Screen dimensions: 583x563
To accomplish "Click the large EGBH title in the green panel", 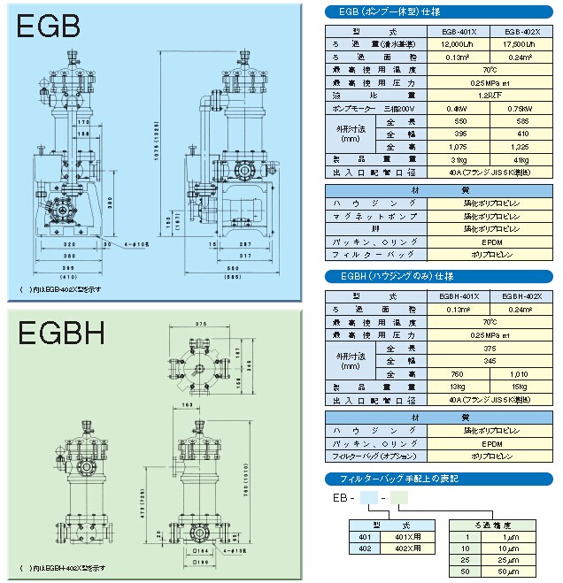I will coord(61,334).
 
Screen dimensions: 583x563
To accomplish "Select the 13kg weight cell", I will coord(454,387).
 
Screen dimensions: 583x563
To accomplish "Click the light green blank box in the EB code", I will coord(400,499).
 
